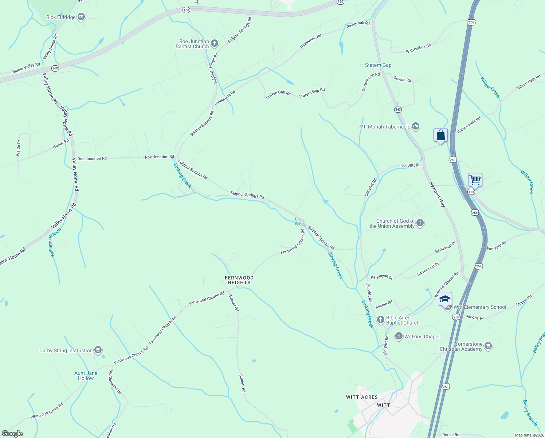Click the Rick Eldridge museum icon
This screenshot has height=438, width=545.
81,17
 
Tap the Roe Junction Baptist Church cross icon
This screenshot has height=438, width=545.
215,44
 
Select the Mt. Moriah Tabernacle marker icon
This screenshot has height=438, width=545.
416,127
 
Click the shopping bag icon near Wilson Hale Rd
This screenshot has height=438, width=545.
440,135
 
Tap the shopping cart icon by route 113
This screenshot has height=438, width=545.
475,180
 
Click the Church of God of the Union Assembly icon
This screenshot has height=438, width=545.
420,223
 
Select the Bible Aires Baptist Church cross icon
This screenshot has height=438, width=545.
380,320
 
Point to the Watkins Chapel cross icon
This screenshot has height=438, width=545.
399,337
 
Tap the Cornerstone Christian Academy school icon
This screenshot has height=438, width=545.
488,346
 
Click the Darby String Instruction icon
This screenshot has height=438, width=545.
98,350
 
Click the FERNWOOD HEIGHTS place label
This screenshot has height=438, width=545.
239,280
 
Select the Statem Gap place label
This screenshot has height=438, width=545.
378,65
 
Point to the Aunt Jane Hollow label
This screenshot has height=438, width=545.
86,376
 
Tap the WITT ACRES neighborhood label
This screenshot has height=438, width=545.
362,397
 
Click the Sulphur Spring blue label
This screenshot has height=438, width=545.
301,222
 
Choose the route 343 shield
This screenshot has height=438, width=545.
397,109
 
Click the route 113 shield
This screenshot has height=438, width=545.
471,192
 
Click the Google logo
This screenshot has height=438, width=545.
12,434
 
